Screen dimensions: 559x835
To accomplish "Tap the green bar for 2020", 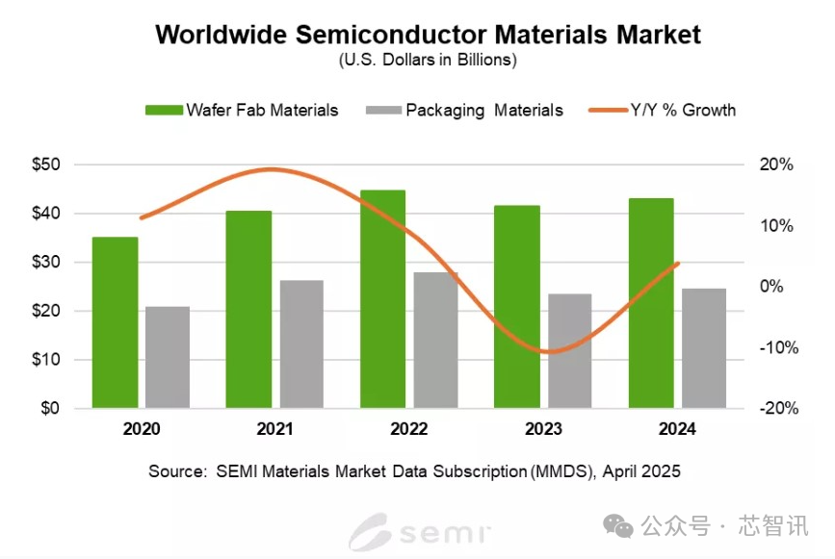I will point(115,322).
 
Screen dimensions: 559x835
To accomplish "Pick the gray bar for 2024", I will point(704,348).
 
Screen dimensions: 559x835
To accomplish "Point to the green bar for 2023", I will point(516,307).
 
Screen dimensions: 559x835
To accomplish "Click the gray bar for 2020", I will point(168,357).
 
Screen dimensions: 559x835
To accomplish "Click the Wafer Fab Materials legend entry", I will point(242,110).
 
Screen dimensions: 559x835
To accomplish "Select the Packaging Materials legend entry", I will point(464,110).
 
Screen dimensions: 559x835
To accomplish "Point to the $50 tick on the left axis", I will point(47,165).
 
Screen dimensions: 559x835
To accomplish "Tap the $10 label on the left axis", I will point(47,360).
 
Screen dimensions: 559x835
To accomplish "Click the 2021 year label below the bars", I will point(275,429).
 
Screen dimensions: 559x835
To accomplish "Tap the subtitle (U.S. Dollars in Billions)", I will point(428,60).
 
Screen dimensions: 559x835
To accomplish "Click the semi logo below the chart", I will point(420,529).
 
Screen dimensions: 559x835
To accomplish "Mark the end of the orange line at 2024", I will point(678,263).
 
